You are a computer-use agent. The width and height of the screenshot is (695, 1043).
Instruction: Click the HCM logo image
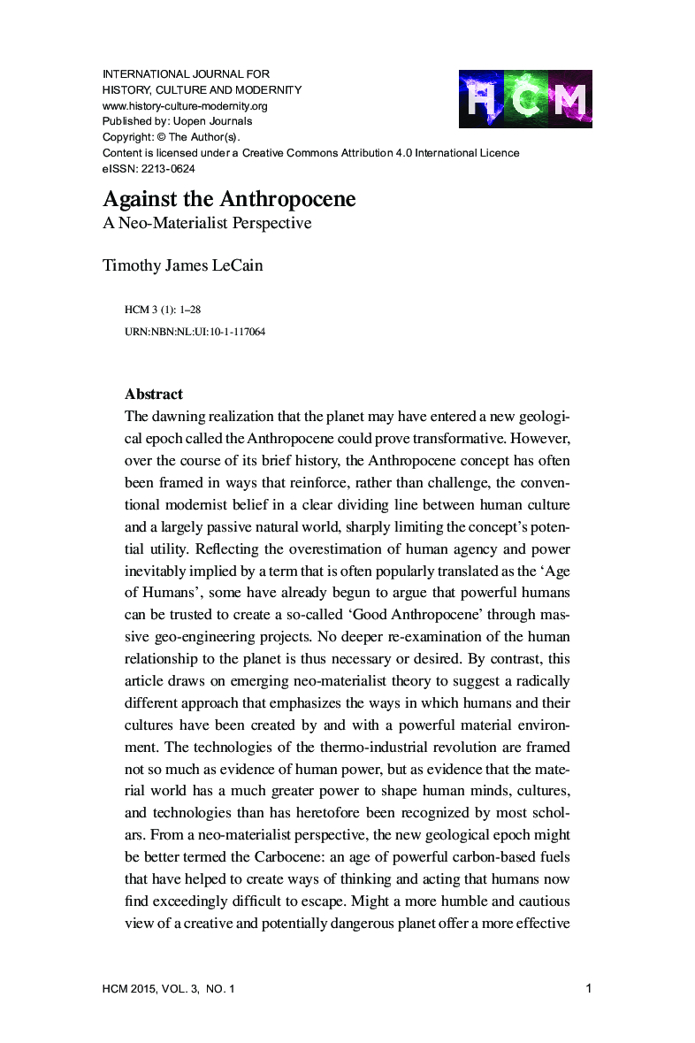(525, 98)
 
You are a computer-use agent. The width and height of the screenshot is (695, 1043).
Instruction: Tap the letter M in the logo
(569, 99)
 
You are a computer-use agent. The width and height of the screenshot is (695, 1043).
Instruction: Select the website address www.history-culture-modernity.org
(185, 105)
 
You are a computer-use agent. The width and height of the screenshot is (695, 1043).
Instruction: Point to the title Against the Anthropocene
(229, 199)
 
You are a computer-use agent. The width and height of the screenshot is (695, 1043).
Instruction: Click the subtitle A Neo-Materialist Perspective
(207, 223)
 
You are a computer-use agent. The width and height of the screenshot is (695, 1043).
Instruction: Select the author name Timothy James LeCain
(182, 265)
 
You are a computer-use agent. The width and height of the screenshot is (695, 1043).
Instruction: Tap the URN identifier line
(195, 332)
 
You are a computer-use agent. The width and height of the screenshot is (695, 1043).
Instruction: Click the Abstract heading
(154, 394)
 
